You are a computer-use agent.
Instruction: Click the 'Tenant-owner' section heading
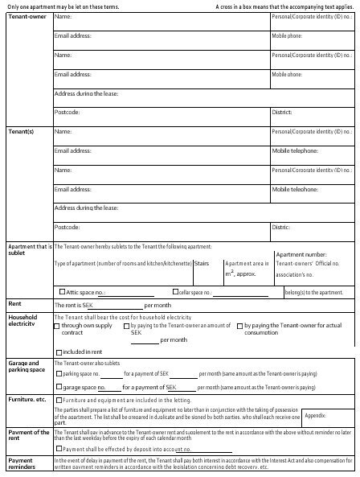click(x=26, y=17)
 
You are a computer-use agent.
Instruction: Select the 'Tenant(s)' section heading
click(x=21, y=130)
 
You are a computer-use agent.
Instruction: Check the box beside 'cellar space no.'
click(x=174, y=291)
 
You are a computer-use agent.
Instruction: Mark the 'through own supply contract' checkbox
click(x=57, y=326)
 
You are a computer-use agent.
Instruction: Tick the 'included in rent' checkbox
click(x=57, y=352)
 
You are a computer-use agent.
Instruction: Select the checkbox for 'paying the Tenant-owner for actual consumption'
click(x=239, y=326)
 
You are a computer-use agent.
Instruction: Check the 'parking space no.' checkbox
click(x=57, y=374)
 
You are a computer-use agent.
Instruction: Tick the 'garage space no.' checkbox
click(x=57, y=387)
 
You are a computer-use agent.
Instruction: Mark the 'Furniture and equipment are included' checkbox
click(x=57, y=400)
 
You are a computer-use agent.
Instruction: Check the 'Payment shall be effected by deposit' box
click(x=57, y=448)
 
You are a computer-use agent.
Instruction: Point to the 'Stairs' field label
click(x=202, y=263)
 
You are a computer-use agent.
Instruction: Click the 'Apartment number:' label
click(x=301, y=253)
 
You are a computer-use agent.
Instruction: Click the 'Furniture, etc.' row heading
click(x=27, y=399)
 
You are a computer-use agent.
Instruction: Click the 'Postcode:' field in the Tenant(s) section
click(x=67, y=227)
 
